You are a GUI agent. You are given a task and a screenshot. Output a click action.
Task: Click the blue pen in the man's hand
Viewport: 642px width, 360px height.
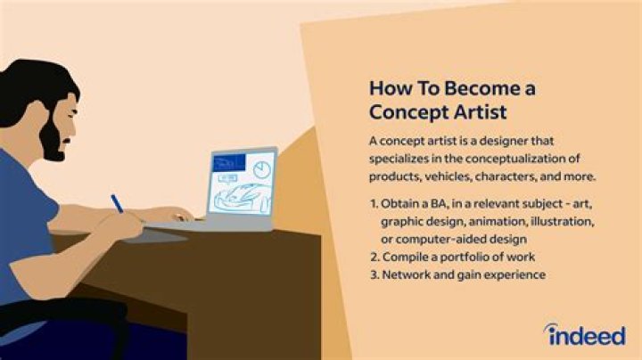(117, 202)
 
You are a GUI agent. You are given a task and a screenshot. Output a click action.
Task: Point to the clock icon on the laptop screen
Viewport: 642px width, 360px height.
(261, 169)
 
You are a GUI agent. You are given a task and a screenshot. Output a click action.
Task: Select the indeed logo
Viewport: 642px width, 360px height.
(586, 336)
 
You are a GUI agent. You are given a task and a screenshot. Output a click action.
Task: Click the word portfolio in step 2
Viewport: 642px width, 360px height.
(462, 258)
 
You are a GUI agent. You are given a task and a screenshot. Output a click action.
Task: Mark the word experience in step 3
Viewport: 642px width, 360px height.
(513, 275)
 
